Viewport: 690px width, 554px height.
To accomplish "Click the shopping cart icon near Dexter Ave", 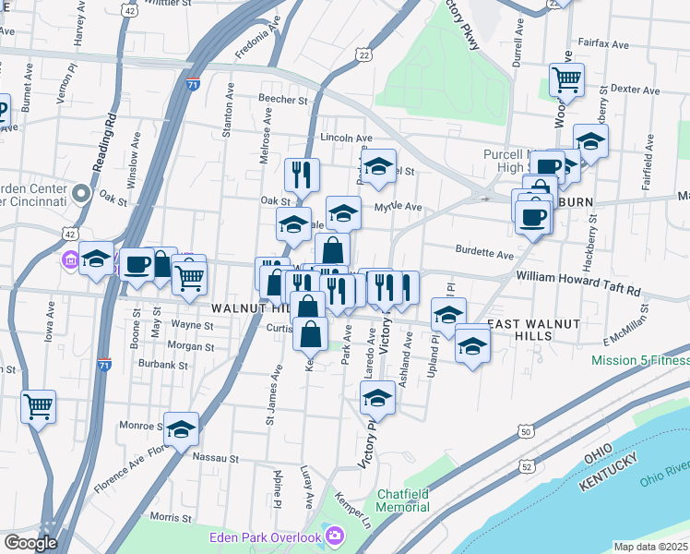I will (565, 78).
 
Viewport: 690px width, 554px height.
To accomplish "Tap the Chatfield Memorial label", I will (403, 500).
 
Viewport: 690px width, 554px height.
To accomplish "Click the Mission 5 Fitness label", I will (640, 361).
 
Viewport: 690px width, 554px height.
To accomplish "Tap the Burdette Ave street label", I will (484, 253).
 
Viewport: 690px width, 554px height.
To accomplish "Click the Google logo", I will (30, 543).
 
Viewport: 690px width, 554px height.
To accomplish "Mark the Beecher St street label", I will (282, 99).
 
